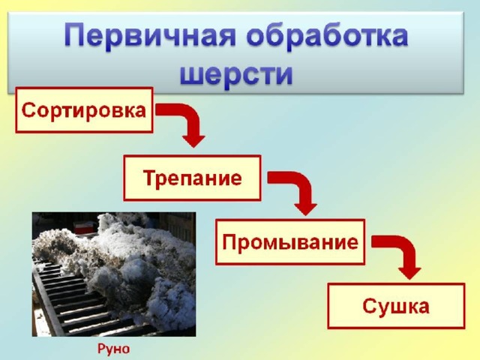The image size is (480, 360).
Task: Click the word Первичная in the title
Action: click(150, 37)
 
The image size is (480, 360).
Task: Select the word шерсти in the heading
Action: click(236, 74)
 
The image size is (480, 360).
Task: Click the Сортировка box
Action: click(84, 110)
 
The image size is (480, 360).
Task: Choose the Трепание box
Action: click(192, 178)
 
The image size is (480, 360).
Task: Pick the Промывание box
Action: click(290, 241)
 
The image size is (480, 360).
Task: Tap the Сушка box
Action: click(396, 306)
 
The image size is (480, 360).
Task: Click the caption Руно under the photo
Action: click(113, 349)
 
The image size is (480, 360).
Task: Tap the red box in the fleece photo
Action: click(83, 228)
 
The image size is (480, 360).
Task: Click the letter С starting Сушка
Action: click(369, 306)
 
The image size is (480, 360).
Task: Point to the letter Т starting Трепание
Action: click(149, 177)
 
